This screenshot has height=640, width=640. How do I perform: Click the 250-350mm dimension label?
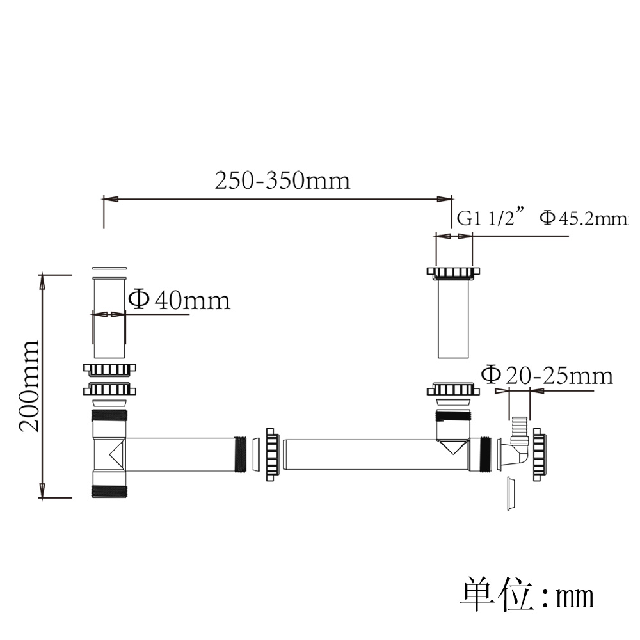[282, 180]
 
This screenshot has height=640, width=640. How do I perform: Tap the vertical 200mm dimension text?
[29, 386]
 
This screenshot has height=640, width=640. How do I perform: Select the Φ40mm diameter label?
[179, 300]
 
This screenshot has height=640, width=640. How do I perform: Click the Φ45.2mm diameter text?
[584, 218]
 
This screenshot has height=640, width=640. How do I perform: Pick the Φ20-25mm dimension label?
[547, 376]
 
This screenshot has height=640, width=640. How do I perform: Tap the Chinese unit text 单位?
[497, 595]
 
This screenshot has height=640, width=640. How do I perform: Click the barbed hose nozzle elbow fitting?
[518, 443]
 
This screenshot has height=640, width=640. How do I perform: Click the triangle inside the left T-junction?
[116, 454]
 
